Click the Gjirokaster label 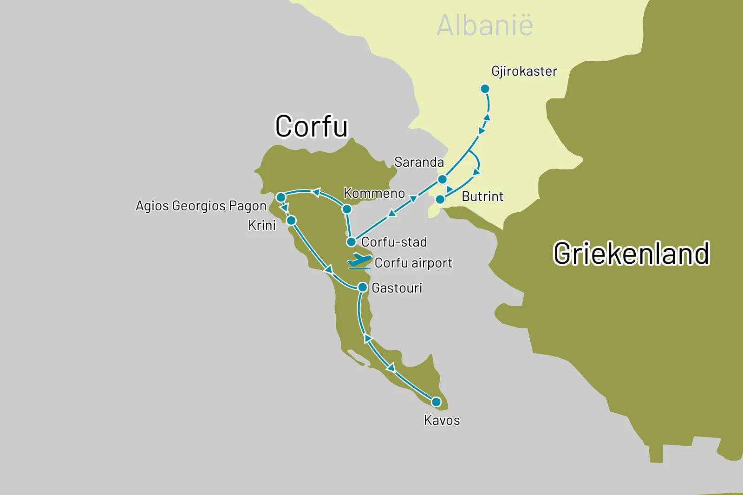tap(524, 71)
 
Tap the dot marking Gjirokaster tap(485, 89)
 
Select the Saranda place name tap(419, 162)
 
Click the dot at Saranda tap(443, 179)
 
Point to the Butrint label tap(482, 196)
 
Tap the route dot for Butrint tap(440, 200)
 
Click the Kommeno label tap(374, 193)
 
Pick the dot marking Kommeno tap(346, 209)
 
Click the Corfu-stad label tap(394, 242)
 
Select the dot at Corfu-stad tap(352, 242)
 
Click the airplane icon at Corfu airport tap(359, 261)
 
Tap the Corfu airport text tap(413, 263)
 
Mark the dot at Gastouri tap(363, 287)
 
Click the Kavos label tap(442, 420)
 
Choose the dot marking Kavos tap(436, 402)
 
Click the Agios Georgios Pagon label tap(201, 206)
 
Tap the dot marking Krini tap(291, 220)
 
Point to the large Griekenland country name tap(631, 254)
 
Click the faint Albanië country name tap(485, 25)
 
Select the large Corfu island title tap(311, 126)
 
